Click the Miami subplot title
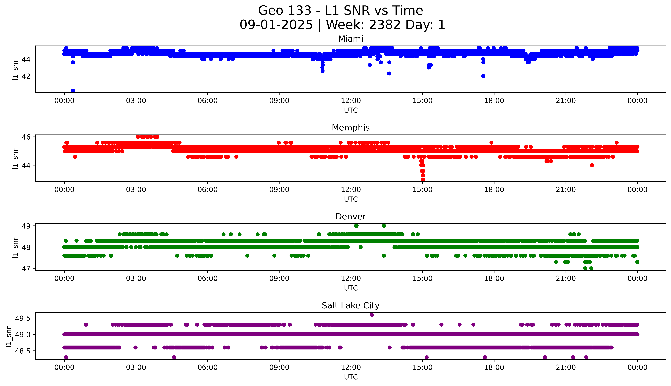click(x=350, y=39)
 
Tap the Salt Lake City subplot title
click(x=350, y=306)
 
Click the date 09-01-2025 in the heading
click(x=276, y=25)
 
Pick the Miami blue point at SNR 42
click(x=483, y=76)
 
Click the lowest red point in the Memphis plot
click(x=423, y=179)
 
